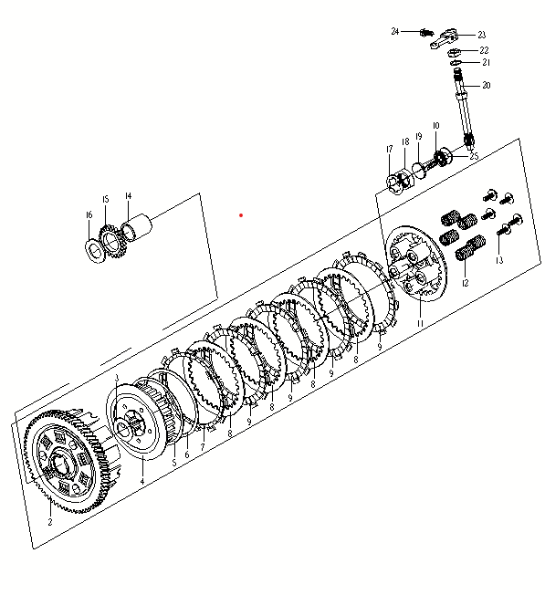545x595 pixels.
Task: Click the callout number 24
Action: pos(395,32)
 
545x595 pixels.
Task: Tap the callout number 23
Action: pos(482,35)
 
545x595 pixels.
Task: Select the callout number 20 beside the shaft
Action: pos(487,86)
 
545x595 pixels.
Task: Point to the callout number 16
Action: pos(89,215)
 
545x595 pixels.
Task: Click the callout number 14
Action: pos(129,196)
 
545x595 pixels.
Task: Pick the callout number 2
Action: pos(50,522)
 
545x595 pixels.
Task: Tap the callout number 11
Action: pos(420,323)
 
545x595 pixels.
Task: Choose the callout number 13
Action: pos(499,260)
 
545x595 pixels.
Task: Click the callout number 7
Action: pos(203,447)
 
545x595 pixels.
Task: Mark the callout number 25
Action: pos(474,156)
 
